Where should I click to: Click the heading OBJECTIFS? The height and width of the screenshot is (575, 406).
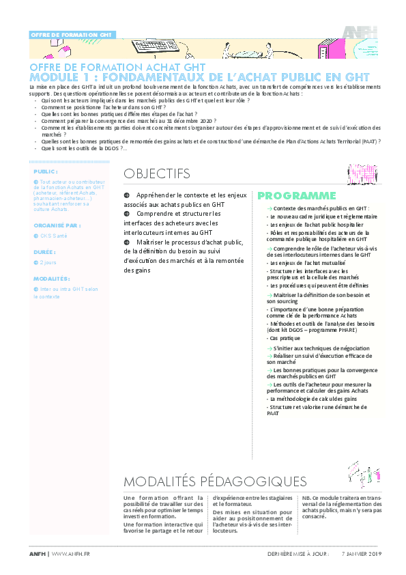click(x=157, y=173)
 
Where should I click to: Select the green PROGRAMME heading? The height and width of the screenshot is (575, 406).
click(x=297, y=195)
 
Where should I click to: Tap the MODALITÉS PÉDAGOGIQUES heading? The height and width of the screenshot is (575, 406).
click(x=215, y=481)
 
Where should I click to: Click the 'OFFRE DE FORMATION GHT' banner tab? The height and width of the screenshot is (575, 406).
click(x=72, y=35)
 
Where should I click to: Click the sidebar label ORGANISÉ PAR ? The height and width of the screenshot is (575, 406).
click(x=57, y=224)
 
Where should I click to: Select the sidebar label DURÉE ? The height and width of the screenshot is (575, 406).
click(x=45, y=251)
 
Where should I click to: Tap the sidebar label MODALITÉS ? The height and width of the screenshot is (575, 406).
click(x=52, y=279)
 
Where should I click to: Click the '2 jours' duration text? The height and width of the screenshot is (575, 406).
click(x=48, y=262)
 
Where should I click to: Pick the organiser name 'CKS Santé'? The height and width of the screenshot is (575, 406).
click(x=54, y=236)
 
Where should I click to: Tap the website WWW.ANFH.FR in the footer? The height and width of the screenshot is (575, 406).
click(x=71, y=553)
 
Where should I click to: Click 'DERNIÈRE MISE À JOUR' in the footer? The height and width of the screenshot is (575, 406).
click(x=301, y=553)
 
